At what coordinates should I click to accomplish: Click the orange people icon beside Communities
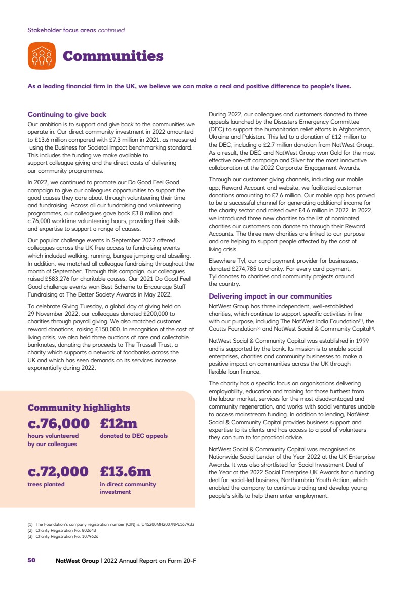click(42, 56)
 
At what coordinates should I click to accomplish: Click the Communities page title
click(112, 56)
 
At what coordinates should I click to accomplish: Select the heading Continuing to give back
click(67, 115)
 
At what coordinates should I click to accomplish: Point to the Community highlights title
click(79, 408)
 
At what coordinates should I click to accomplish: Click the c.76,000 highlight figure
click(58, 423)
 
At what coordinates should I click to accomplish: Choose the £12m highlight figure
click(119, 423)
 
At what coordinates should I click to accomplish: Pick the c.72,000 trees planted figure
click(58, 471)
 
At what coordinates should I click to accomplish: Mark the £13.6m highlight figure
click(126, 471)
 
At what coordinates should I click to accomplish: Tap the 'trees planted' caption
click(46, 484)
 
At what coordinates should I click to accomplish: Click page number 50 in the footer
click(31, 560)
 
